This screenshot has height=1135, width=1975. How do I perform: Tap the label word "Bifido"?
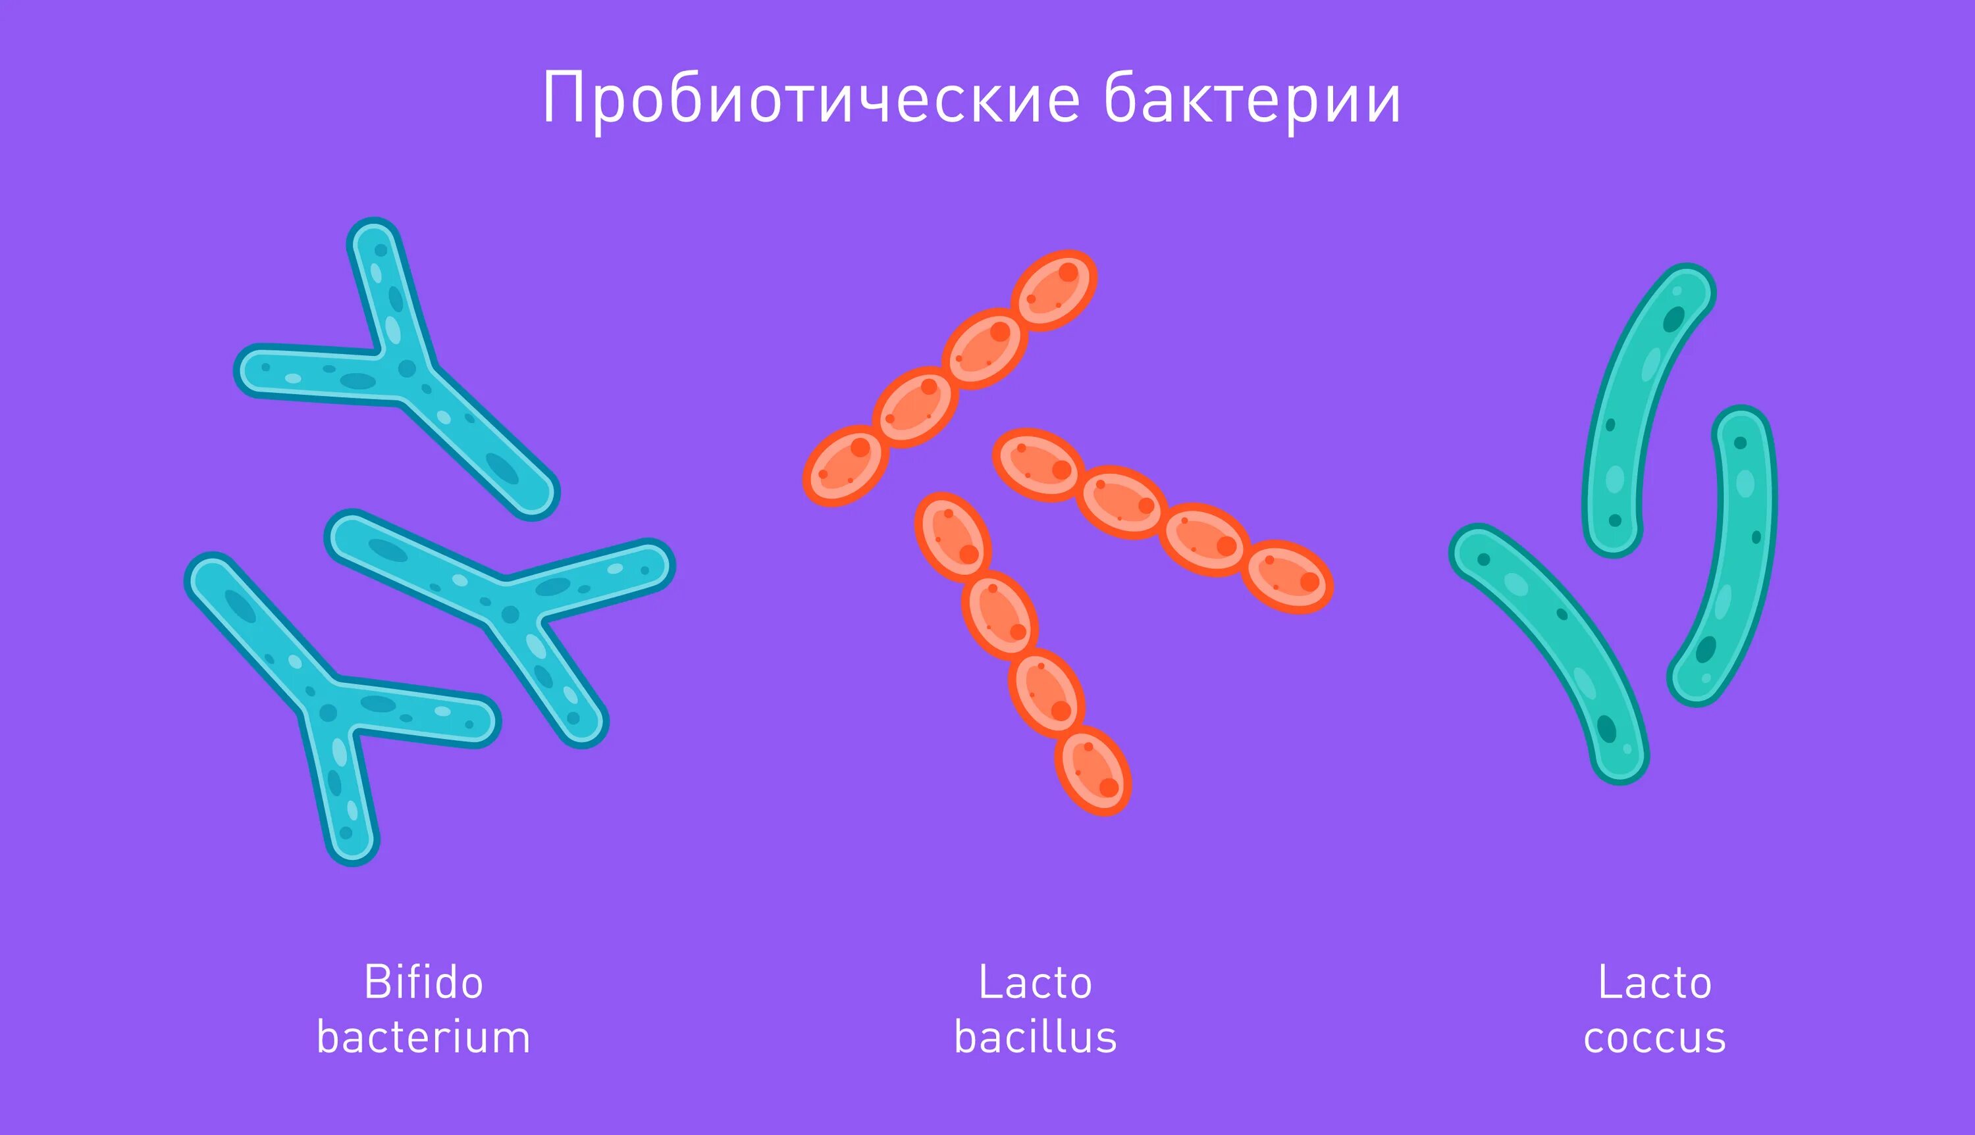(423, 982)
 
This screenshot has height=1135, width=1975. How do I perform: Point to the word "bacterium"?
(423, 1038)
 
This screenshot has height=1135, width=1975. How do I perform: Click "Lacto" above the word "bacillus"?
(1035, 982)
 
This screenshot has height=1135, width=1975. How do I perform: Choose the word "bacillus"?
(1035, 1038)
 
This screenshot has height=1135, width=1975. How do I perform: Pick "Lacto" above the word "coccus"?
(1654, 982)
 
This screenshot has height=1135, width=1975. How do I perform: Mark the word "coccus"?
(1654, 1038)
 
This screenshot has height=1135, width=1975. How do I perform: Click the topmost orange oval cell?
(1054, 290)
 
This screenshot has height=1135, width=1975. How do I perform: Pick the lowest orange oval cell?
(1093, 771)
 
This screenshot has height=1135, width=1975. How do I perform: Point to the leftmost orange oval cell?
(846, 465)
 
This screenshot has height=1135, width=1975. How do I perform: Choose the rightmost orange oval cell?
(1286, 576)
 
